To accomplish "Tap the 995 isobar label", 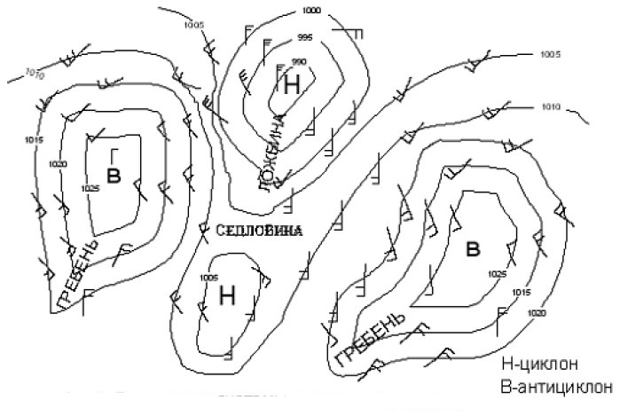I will tap(305, 37).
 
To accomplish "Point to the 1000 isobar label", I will tap(311, 11).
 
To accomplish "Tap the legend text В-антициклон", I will tap(557, 387).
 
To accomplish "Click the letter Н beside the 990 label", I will tap(293, 84).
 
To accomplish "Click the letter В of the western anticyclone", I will tap(113, 174).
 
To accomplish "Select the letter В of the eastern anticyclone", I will tap(474, 249).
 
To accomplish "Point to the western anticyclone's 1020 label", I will tap(59, 164).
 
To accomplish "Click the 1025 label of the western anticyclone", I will tap(90, 188).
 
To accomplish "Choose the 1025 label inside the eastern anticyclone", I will tap(497, 274).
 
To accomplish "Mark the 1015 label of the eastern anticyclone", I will tap(521, 292).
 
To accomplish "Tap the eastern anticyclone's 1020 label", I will tap(536, 313).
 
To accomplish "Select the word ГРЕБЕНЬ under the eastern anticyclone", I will tap(372, 340).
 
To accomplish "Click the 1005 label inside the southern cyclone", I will tap(209, 278).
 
